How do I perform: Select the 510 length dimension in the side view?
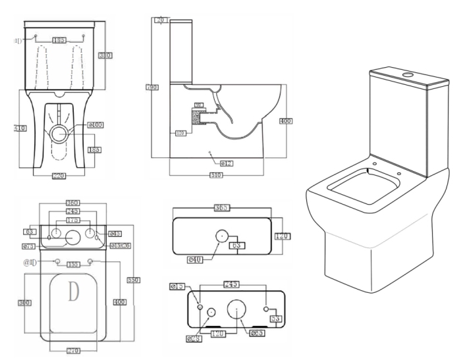pos(215,175)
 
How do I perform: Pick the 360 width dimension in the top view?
pos(72,203)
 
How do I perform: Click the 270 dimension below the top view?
pos(72,351)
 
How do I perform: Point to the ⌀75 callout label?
pos(28,245)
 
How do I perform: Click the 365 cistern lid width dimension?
pos(221,207)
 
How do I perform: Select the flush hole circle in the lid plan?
pos(221,234)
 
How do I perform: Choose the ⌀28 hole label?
pos(193,339)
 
